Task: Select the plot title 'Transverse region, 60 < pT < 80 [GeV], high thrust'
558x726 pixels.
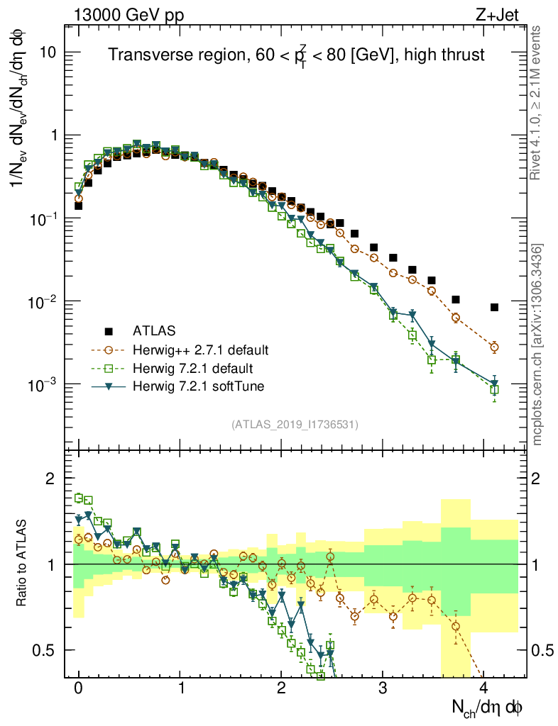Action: pyautogui.click(x=296, y=56)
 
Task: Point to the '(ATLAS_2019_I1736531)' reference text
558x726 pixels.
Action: pyautogui.click(x=295, y=425)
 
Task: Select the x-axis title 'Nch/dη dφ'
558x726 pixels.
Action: pyautogui.click(x=488, y=707)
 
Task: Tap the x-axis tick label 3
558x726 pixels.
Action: pyautogui.click(x=383, y=688)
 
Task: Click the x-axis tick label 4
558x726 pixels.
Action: pyautogui.click(x=484, y=688)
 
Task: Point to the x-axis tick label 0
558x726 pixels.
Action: pyautogui.click(x=78, y=688)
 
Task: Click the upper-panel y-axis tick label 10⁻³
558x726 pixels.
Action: pyautogui.click(x=45, y=385)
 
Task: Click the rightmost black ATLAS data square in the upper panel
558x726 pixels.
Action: pyautogui.click(x=494, y=307)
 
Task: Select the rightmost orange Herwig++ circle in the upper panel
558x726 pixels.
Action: pyautogui.click(x=494, y=347)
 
